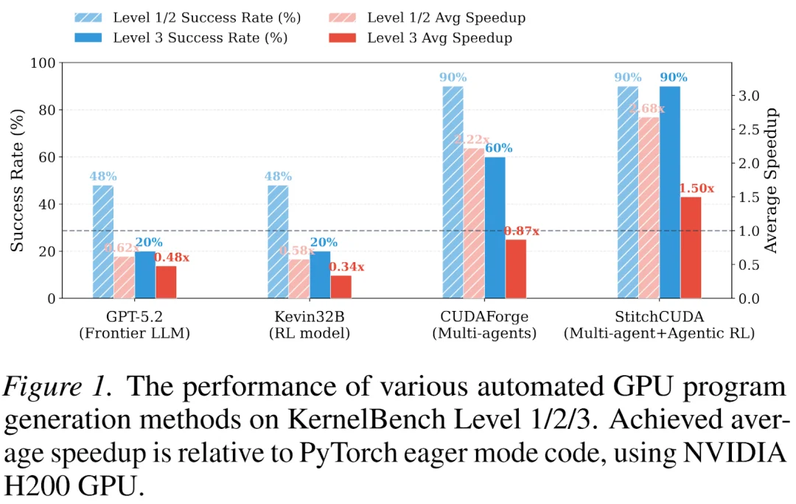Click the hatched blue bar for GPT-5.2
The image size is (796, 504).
click(x=103, y=242)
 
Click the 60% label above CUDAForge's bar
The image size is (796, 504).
click(x=498, y=149)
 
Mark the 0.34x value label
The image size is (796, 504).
click(x=346, y=267)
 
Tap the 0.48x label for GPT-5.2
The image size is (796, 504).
click(x=172, y=258)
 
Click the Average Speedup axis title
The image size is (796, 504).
click(x=771, y=181)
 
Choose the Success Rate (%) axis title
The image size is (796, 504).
click(x=18, y=181)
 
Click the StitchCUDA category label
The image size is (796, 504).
click(x=658, y=317)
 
